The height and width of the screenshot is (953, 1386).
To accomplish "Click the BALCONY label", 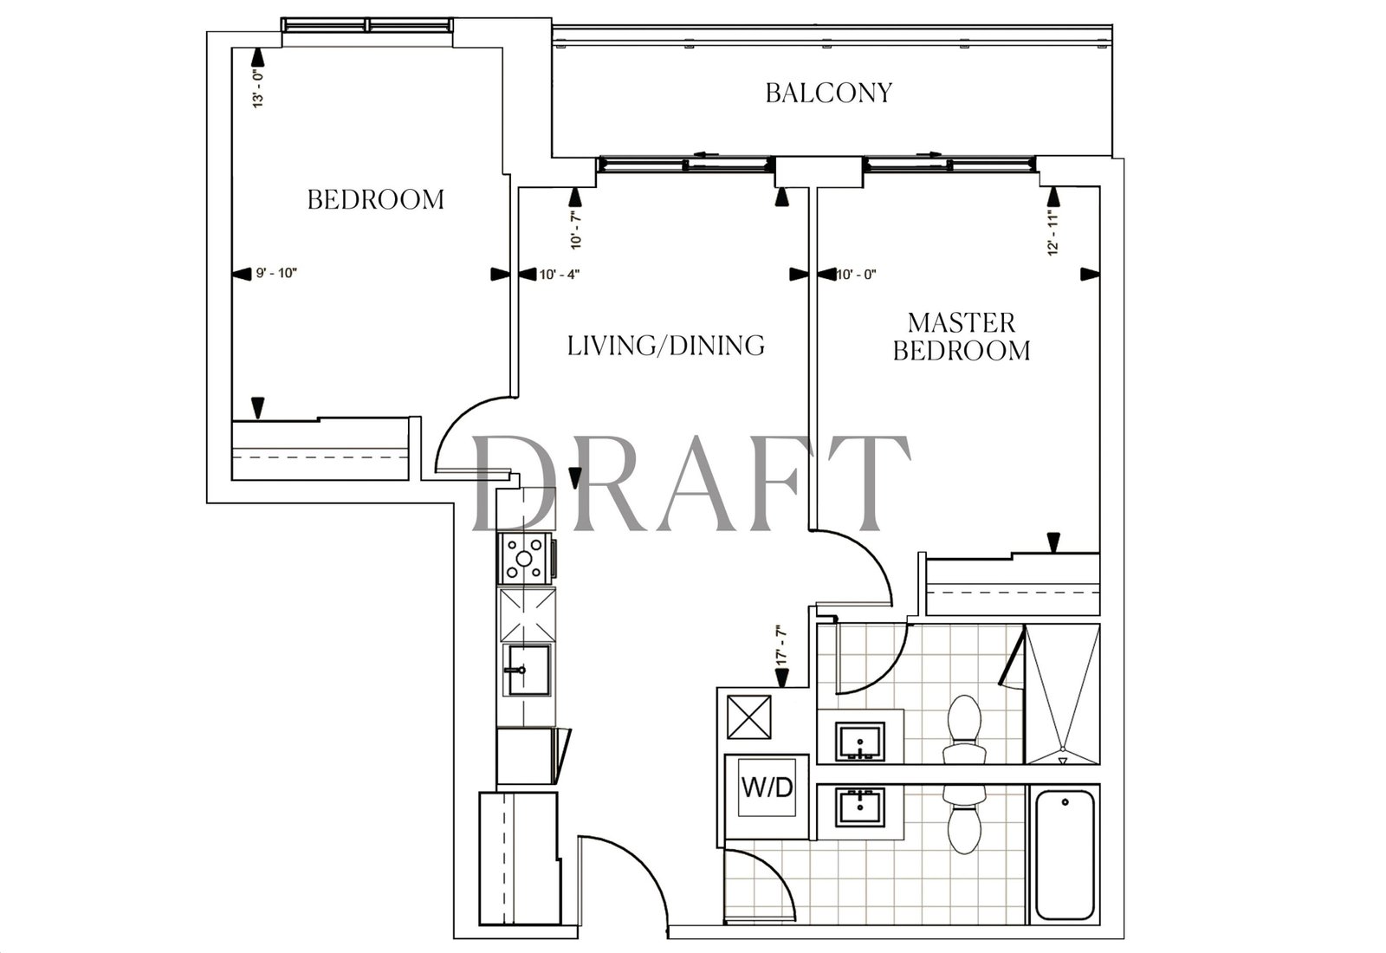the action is [828, 93].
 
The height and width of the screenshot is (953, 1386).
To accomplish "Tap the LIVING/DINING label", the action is [666, 346].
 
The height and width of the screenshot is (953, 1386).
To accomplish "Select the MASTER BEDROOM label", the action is [962, 337].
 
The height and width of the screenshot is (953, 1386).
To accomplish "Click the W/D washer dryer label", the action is [767, 788].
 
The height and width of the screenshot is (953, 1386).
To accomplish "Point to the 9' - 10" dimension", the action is [276, 273].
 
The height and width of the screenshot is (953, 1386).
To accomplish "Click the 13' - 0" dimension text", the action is [258, 89].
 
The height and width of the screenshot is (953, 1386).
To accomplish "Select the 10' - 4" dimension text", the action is [560, 274].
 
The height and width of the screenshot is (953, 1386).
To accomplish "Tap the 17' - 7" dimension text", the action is [781, 646].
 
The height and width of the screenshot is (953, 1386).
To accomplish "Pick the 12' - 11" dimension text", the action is [1053, 233].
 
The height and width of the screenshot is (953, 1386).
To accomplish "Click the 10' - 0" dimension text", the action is [857, 274].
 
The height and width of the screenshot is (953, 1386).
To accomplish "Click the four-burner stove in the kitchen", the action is [524, 559].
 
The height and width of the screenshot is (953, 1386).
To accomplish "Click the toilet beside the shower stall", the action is [964, 729].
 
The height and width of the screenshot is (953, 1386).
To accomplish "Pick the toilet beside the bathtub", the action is [964, 820].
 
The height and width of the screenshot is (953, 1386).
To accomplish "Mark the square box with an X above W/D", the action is [748, 716].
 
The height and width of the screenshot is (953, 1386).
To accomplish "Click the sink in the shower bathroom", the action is [860, 741].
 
